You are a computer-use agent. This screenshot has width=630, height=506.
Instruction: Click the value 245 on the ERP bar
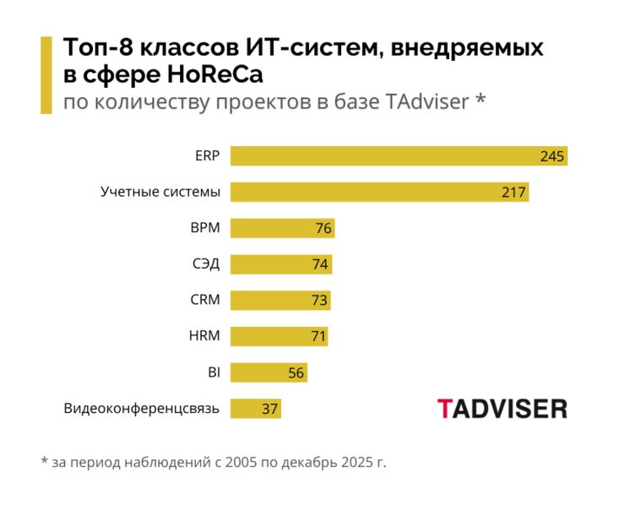(x=552, y=156)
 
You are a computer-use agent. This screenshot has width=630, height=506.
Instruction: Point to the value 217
(x=513, y=193)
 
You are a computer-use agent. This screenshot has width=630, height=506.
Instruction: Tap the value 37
(x=269, y=409)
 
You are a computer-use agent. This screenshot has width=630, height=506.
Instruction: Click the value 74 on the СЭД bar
(x=320, y=264)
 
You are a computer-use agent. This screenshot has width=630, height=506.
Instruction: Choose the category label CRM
(x=205, y=300)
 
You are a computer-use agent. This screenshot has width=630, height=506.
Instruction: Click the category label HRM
(x=204, y=336)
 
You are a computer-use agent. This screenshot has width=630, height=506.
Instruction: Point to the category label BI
(x=213, y=373)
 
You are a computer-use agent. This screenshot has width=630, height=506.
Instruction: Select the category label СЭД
(x=205, y=264)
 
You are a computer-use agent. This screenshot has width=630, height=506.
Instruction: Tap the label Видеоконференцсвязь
(x=142, y=409)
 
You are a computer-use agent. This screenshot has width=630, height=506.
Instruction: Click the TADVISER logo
(x=502, y=409)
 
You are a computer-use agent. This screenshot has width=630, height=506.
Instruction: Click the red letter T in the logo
(x=445, y=409)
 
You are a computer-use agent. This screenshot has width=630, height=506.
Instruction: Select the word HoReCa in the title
(x=215, y=74)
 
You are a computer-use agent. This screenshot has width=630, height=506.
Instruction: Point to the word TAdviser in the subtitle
(x=426, y=101)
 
